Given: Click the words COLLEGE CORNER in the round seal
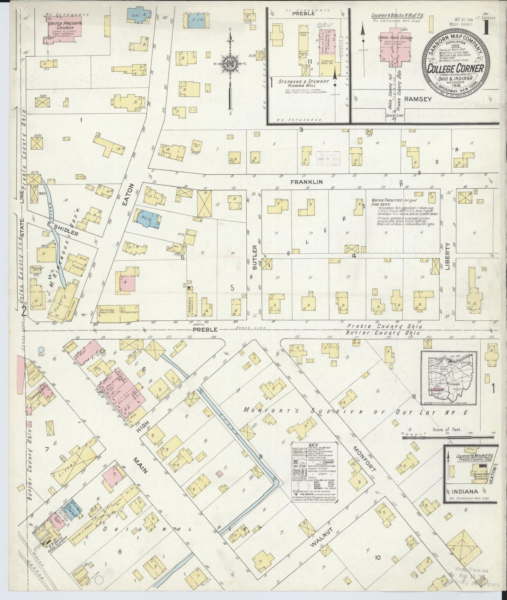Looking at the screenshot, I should (x=455, y=68).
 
